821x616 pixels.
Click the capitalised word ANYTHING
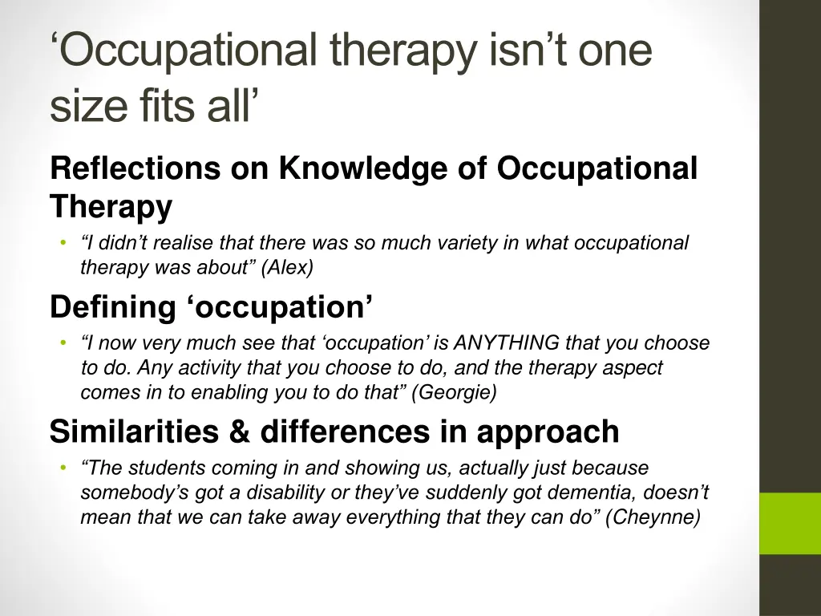click(x=506, y=343)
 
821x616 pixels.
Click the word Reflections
click(x=135, y=169)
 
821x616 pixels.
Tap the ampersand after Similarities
click(x=239, y=432)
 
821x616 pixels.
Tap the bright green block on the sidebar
click(x=790, y=523)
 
